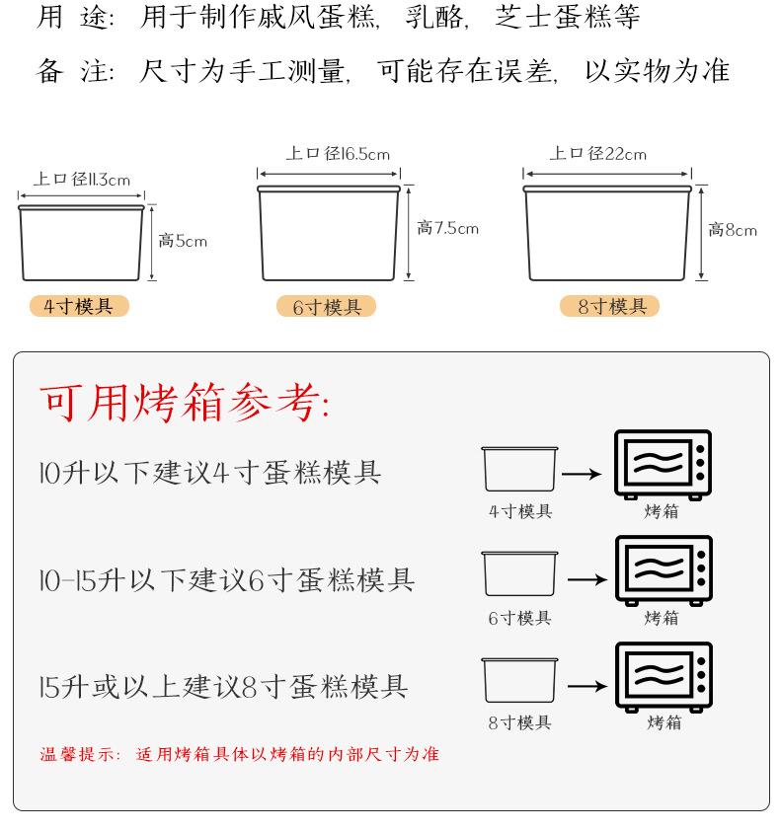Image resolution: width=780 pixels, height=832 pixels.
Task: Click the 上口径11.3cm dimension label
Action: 82,180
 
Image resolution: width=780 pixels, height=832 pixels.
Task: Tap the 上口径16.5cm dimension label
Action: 338,154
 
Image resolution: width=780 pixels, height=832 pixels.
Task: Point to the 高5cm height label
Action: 184,241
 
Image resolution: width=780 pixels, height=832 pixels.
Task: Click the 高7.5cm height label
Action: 447,229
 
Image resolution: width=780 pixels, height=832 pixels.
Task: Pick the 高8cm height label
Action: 732,230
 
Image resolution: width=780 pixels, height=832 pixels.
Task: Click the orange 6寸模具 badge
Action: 327,308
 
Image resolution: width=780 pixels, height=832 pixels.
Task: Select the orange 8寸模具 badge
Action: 611,307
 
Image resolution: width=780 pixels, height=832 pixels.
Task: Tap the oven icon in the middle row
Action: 663,569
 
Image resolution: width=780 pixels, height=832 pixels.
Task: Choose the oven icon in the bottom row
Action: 663,676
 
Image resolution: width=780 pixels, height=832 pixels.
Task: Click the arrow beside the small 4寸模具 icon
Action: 582,474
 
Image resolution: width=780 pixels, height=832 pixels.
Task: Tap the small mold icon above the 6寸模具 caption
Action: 519,573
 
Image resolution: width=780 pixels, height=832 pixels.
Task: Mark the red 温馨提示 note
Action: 239,755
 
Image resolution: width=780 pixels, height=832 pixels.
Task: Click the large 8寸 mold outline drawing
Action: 606,232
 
